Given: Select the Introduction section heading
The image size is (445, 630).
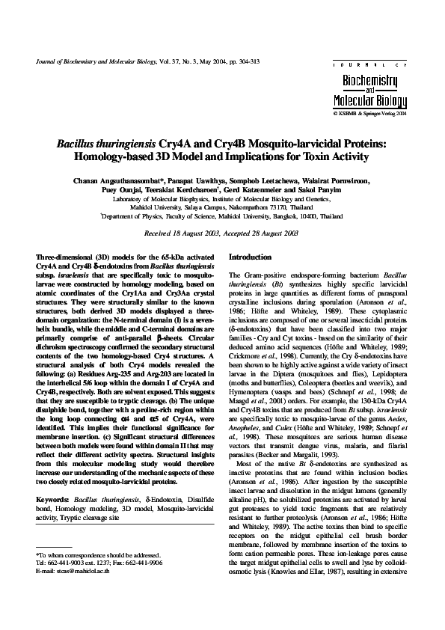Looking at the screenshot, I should coord(251,256).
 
